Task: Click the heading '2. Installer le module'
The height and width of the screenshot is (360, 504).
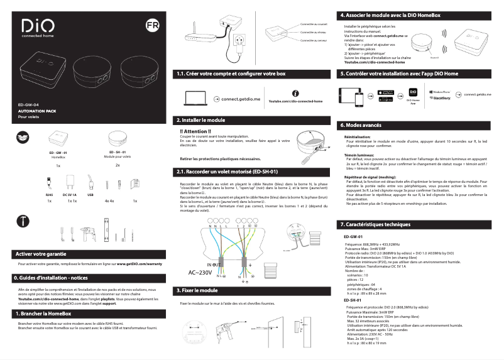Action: [200, 119]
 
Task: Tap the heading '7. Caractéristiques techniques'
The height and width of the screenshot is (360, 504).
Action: [375, 224]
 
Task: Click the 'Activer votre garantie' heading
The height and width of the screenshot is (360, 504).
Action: [40, 254]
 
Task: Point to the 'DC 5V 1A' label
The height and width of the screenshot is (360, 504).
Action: [71, 195]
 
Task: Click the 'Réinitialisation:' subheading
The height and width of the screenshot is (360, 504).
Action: [358, 136]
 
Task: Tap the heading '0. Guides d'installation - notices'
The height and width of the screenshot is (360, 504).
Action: [50, 277]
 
